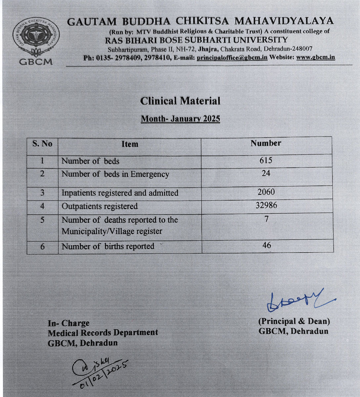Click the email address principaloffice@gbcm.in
click(x=232, y=57)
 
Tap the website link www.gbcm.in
click(x=315, y=57)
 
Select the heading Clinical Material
click(x=180, y=101)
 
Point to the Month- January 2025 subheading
click(x=180, y=119)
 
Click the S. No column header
click(x=42, y=144)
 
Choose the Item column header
click(x=129, y=144)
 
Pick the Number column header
click(x=266, y=143)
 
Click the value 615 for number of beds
click(x=266, y=160)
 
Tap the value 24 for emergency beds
click(x=266, y=173)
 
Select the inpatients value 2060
click(x=266, y=192)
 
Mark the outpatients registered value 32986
click(x=266, y=205)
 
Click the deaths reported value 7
click(x=266, y=219)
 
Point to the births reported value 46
click(x=266, y=245)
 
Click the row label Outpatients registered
click(x=100, y=206)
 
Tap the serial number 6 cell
click(x=42, y=247)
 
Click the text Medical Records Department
click(x=103, y=333)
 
